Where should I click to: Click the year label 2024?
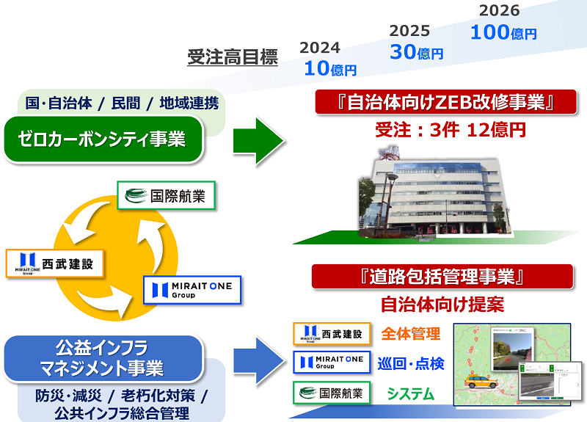point(320,48)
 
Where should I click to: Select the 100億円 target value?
point(503,32)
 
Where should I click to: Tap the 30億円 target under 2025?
point(416,52)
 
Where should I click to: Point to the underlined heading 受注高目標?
point(233,57)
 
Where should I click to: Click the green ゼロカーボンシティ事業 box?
point(103,139)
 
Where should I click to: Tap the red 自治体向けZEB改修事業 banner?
point(445,102)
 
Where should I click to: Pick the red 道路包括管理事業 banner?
point(442,277)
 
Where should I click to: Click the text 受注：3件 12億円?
point(451,130)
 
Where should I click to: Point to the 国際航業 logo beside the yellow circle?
point(167,195)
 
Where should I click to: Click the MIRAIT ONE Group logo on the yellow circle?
point(192,290)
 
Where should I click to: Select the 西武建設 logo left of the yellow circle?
point(54,263)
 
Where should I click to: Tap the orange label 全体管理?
point(411,334)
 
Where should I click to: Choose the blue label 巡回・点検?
point(411,363)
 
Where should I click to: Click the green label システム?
point(411,393)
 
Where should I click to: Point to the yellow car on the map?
point(482,382)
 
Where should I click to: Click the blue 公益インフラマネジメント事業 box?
point(103,359)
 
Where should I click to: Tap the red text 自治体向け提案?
point(442,305)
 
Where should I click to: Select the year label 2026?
point(500,10)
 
